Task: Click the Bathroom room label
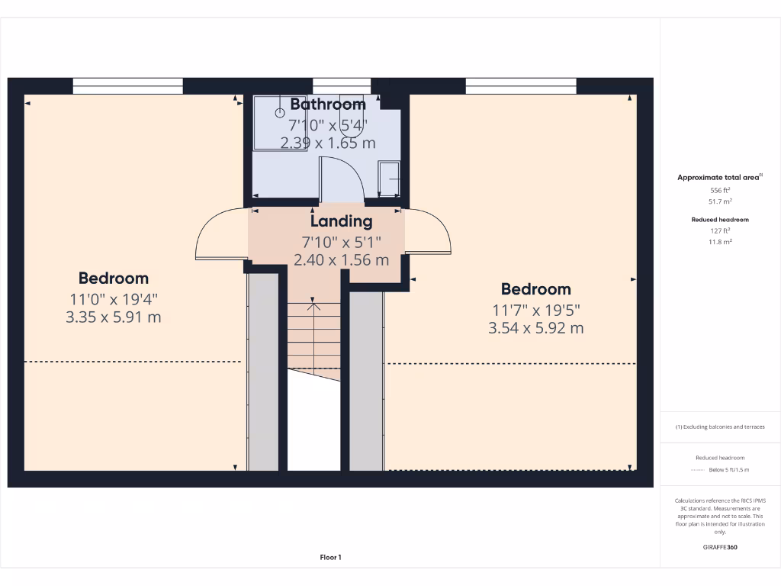pyautogui.click(x=328, y=104)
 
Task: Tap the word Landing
pyautogui.click(x=341, y=221)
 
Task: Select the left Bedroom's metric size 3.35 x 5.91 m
pyautogui.click(x=114, y=317)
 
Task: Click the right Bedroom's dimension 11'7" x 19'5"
pyautogui.click(x=535, y=310)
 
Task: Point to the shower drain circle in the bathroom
pyautogui.click(x=279, y=111)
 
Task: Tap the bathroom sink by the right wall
pyautogui.click(x=389, y=179)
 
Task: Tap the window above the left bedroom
pyautogui.click(x=128, y=85)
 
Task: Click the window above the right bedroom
pyautogui.click(x=521, y=85)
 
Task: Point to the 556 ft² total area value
pyautogui.click(x=720, y=190)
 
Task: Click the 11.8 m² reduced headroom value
pyautogui.click(x=720, y=242)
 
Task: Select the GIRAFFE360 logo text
pyautogui.click(x=720, y=547)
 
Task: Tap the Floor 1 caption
pyautogui.click(x=330, y=558)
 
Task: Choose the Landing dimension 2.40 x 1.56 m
pyautogui.click(x=341, y=259)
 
